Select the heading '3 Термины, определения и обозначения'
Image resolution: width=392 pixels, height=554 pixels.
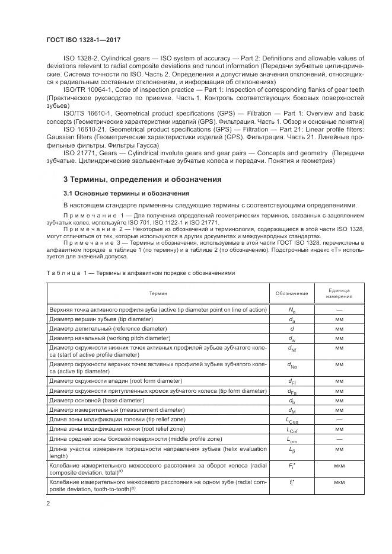point(142,179)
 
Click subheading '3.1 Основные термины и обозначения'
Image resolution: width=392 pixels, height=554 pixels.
point(126,193)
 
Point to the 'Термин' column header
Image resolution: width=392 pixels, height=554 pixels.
point(158,294)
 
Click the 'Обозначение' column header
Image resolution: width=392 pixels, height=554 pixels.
point(292,294)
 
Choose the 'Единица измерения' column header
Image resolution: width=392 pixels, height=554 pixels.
point(339,294)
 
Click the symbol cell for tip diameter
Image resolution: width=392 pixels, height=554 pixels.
point(292,318)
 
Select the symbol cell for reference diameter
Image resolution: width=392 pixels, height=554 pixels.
point(292,328)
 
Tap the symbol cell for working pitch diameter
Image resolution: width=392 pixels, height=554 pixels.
point(292,338)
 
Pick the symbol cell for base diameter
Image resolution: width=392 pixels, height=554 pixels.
point(292,401)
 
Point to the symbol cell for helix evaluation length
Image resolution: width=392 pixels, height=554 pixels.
point(292,452)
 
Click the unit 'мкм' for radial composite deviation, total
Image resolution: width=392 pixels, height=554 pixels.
point(339,468)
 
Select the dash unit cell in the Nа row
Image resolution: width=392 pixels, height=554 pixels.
point(339,309)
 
